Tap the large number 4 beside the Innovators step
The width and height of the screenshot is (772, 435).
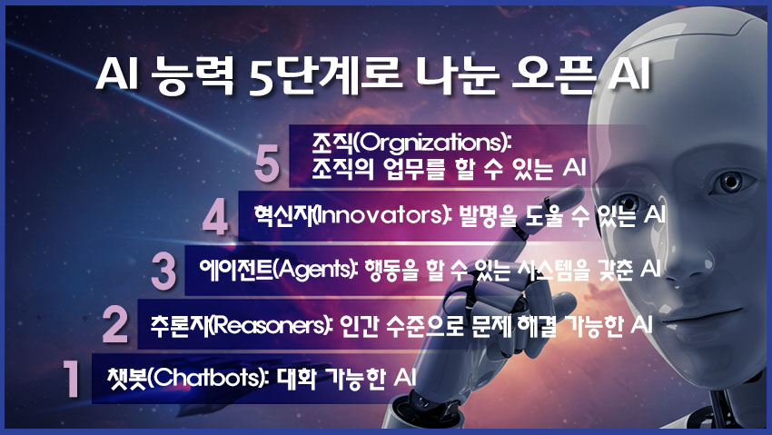[214, 218]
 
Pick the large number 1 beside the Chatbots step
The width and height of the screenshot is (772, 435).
[69, 378]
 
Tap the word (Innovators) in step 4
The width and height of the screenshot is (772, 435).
[372, 216]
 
